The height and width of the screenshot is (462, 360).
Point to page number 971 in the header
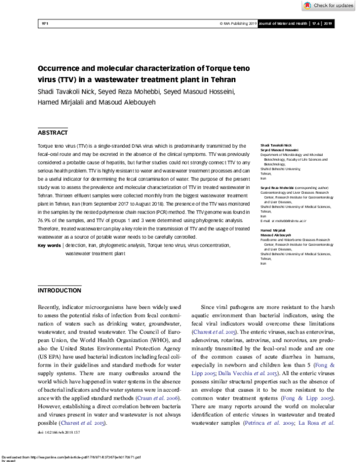43,24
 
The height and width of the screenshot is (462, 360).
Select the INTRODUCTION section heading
59,290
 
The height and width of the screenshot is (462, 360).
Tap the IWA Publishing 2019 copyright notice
239,24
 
